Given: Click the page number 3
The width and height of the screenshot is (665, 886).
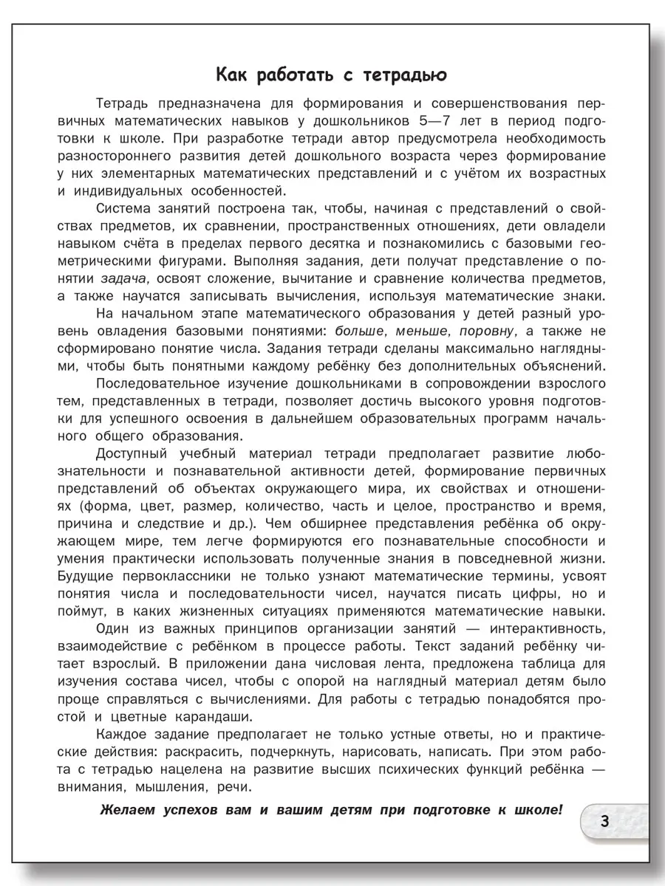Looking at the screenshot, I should pyautogui.click(x=604, y=821).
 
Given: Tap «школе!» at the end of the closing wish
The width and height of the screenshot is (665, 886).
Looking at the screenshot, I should pyautogui.click(x=536, y=809).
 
